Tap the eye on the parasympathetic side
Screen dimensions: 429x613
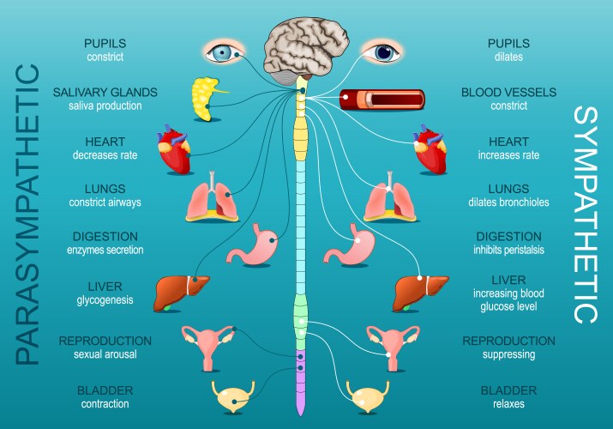click(x=224, y=52)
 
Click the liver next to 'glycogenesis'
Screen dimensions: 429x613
click(x=181, y=292)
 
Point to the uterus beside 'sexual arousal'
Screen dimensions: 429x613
click(x=208, y=342)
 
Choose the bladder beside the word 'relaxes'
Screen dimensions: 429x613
click(x=371, y=395)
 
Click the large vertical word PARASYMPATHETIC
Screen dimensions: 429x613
click(x=29, y=214)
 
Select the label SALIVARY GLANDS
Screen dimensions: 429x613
click(x=105, y=92)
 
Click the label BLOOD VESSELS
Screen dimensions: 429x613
click(x=508, y=92)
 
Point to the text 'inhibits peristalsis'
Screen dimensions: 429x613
click(x=508, y=250)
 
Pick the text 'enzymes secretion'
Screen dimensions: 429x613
click(x=105, y=250)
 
